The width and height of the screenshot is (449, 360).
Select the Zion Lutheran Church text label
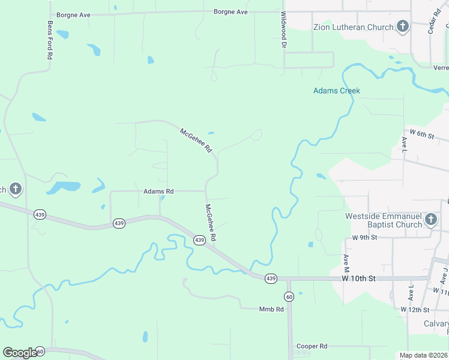(x=354, y=27)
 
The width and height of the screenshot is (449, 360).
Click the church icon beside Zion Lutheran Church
(x=403, y=26)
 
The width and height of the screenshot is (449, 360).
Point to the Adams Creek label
(x=337, y=91)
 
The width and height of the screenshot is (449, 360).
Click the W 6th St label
(x=421, y=134)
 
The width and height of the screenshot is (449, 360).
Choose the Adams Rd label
(x=158, y=191)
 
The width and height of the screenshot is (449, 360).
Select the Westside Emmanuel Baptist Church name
(x=384, y=220)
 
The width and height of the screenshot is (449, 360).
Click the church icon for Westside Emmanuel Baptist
(x=430, y=220)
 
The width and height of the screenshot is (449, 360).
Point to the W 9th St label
(x=364, y=238)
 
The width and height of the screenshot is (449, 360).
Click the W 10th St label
(x=359, y=278)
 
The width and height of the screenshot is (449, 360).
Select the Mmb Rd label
(x=271, y=309)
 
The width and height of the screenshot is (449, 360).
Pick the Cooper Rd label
(x=312, y=346)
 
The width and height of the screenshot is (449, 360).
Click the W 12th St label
(x=417, y=310)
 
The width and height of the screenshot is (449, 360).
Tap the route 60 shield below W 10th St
(x=289, y=296)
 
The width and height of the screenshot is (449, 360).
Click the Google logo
(x=20, y=352)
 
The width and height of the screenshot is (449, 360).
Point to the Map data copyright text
(x=423, y=355)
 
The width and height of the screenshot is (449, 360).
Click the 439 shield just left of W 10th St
(x=271, y=278)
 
